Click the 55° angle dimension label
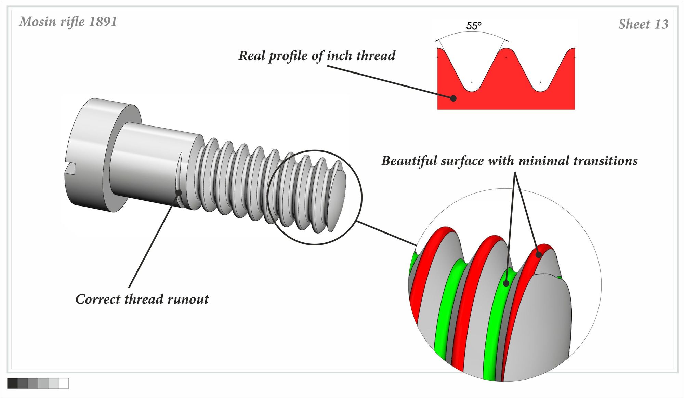click(x=474, y=26)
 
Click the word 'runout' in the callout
click(x=188, y=299)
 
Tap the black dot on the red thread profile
click(x=453, y=98)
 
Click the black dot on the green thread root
click(x=506, y=283)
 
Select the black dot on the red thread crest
click(x=539, y=254)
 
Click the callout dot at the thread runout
click(x=179, y=192)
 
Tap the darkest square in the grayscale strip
click(x=12, y=383)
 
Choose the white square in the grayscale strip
click(x=64, y=383)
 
